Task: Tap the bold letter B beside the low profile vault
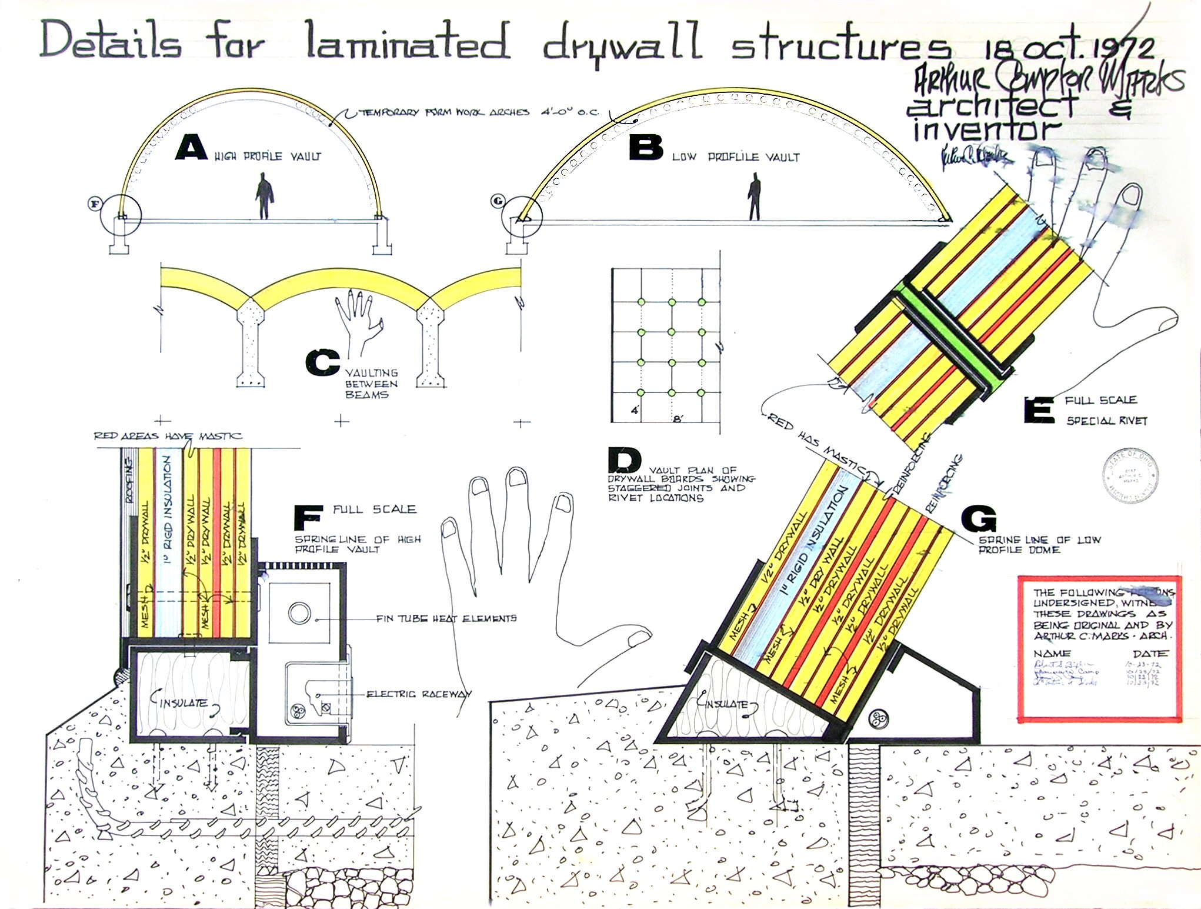coord(646,147)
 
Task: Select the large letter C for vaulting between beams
coord(322,362)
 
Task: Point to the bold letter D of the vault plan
coord(625,460)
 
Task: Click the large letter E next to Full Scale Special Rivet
coord(1039,410)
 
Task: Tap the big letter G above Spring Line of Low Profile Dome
coord(979,519)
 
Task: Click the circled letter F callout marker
coord(95,204)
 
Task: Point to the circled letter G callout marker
coord(498,201)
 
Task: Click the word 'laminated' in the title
coord(407,41)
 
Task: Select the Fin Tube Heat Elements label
coord(446,618)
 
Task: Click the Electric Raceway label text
coord(419,694)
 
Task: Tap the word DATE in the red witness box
coord(1150,654)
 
